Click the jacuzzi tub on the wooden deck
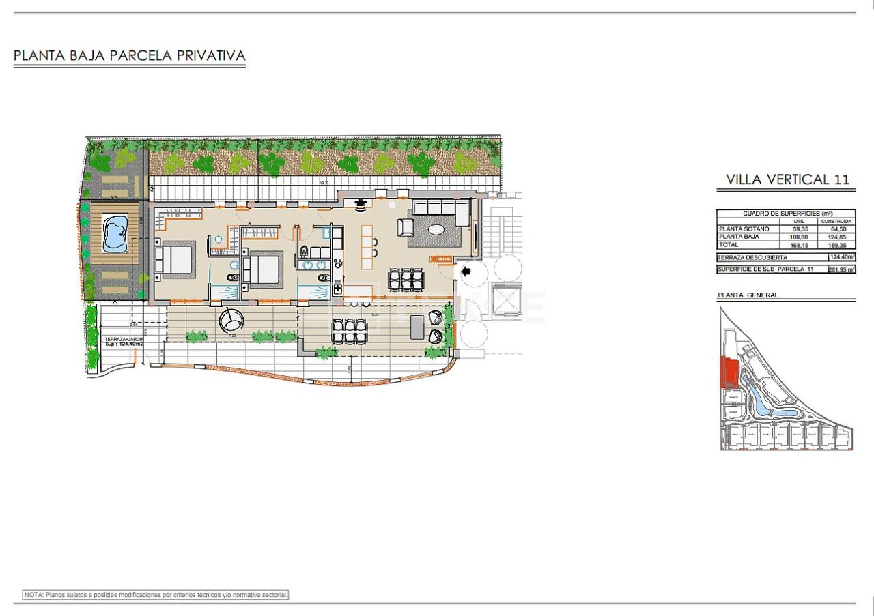point(115,233)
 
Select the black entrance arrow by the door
point(467,271)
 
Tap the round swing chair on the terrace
point(230,319)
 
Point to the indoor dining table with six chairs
point(406,279)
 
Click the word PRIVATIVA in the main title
point(212,56)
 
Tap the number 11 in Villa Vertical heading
point(841,179)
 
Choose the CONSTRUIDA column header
point(836,221)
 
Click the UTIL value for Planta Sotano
point(799,229)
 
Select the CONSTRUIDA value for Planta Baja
point(836,237)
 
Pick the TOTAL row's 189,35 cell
point(836,244)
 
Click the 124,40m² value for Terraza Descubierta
point(841,257)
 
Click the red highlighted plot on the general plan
point(729,374)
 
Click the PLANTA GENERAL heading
point(748,295)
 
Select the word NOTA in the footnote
point(33,595)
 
